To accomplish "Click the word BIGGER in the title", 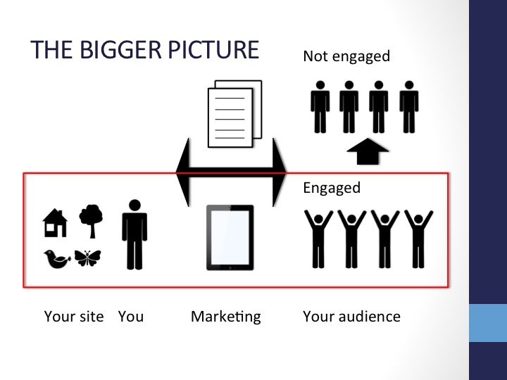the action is [x=120, y=49].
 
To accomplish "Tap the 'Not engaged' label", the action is [x=346, y=56].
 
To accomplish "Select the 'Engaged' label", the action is [x=332, y=188].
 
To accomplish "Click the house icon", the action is [x=55, y=222].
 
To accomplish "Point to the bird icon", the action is [x=57, y=259].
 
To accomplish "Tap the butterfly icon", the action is [x=87, y=258].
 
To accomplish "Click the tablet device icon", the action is [x=230, y=238].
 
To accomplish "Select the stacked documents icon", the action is [x=234, y=114].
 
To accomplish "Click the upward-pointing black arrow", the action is [x=368, y=151].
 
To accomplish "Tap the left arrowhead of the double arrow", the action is [x=182, y=172].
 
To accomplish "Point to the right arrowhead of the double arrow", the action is [x=280, y=172].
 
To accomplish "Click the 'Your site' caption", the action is [x=74, y=317].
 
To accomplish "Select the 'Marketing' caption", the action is [x=226, y=317].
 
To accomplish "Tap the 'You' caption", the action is [x=131, y=317].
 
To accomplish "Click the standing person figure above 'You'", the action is [x=134, y=234].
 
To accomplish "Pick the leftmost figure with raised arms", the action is [x=318, y=239].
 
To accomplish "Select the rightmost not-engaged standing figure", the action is [x=409, y=107].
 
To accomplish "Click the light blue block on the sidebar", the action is [x=488, y=323].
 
